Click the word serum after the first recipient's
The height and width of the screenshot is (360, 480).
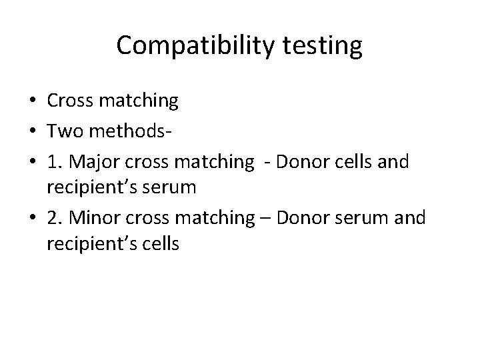point(173,188)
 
